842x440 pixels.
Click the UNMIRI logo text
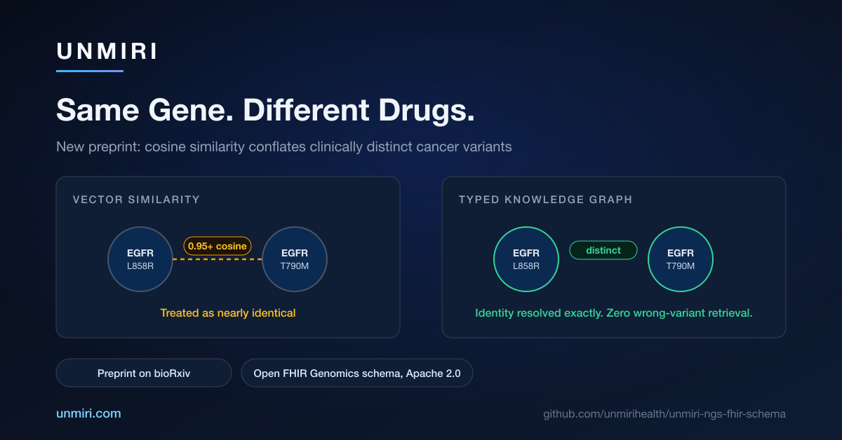click(x=107, y=51)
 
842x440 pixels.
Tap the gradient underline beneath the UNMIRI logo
click(x=90, y=71)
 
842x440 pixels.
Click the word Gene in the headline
click(x=191, y=111)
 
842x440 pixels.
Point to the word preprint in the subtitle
click(x=114, y=147)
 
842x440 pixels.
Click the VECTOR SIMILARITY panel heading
click(x=136, y=200)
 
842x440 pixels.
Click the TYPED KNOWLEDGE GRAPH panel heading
click(x=545, y=200)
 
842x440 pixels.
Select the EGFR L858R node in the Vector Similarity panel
click(x=140, y=259)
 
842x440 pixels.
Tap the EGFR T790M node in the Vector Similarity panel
click(x=295, y=259)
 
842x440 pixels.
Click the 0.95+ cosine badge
click(x=218, y=247)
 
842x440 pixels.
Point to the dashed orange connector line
click(x=218, y=259)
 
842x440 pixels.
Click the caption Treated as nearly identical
click(x=228, y=313)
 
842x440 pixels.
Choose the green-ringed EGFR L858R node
click(x=526, y=259)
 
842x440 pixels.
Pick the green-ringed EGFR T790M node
click(x=681, y=259)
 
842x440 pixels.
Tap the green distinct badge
click(x=603, y=250)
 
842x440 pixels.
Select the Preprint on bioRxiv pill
click(x=144, y=373)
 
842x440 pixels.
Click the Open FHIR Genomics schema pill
click(x=356, y=373)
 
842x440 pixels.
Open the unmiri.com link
click(x=88, y=413)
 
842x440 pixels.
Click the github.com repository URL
click(x=664, y=413)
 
